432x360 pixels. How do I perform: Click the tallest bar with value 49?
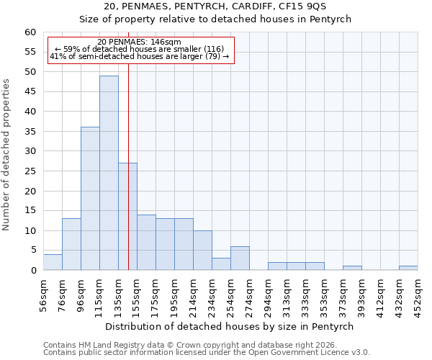(109, 173)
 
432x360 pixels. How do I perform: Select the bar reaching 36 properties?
(90, 199)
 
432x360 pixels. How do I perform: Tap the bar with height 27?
(127, 216)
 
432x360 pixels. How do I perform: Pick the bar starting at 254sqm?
(240, 258)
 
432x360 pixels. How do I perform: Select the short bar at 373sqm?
(352, 268)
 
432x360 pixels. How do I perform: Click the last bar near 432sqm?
(408, 268)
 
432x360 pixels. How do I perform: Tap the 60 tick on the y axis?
(30, 32)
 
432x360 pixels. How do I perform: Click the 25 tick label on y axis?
(30, 171)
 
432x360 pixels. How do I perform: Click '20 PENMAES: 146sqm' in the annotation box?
(139, 42)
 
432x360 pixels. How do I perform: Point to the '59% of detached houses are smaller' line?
(139, 49)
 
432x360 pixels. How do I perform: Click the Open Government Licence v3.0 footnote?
(206, 352)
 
